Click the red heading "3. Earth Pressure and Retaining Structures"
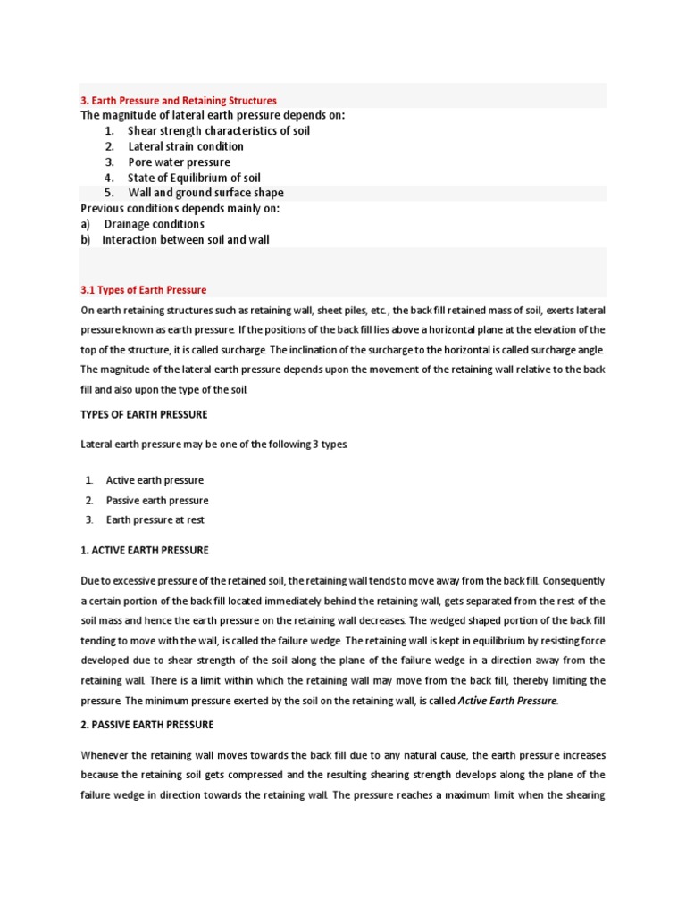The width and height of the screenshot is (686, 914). point(179,101)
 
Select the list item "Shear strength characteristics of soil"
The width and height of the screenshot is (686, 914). point(219,130)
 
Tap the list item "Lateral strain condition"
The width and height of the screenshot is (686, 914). point(186,146)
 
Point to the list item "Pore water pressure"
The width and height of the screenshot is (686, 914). point(179,162)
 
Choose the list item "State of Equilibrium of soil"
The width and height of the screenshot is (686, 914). point(194,178)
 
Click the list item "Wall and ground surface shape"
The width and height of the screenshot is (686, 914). point(205,193)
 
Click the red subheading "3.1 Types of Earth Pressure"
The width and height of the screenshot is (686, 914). point(143,290)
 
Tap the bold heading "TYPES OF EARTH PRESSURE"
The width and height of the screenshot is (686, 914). point(144,414)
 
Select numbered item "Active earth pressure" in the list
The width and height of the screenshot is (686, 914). point(155,480)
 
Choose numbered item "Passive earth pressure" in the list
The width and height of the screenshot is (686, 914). point(157,500)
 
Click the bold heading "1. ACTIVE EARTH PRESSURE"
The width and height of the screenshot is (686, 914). point(145,550)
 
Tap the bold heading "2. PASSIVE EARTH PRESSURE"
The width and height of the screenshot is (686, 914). point(147,724)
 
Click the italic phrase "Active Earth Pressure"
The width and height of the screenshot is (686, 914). point(507,701)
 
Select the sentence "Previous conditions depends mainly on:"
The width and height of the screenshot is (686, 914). point(180,208)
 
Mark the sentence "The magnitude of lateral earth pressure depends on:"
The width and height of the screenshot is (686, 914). point(213,115)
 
